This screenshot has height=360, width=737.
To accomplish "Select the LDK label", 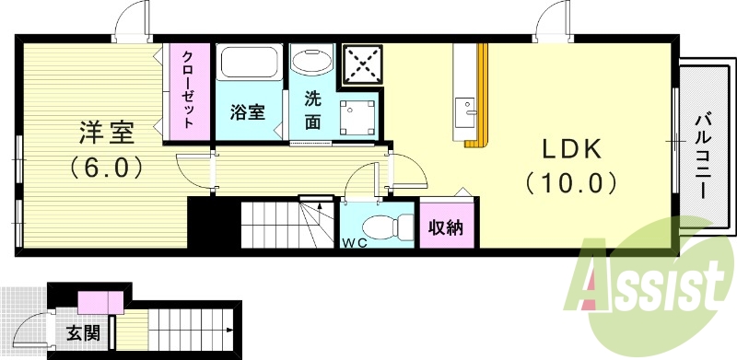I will coord(570,149).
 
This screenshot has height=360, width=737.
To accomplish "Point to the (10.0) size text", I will coord(570,182).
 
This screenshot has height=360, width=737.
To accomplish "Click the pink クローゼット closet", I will coord(187,89).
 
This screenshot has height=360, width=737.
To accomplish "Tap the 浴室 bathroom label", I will coord(247,113).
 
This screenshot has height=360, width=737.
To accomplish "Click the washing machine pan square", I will coord(356,118).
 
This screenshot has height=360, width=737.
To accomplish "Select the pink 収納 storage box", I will coord(447,226).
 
